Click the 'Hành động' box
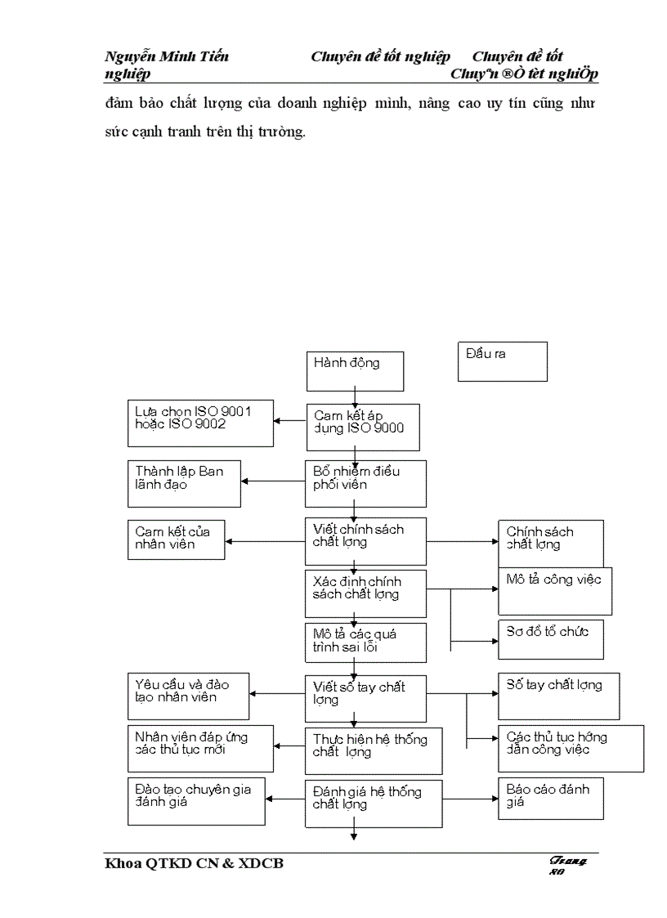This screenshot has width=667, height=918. [x=355, y=370]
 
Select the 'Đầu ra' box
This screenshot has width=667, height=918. [x=502, y=361]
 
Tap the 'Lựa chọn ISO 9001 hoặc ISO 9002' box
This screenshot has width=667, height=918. [x=200, y=423]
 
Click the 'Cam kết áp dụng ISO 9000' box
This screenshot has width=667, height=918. [x=363, y=427]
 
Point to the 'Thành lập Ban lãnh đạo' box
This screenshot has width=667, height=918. [x=184, y=484]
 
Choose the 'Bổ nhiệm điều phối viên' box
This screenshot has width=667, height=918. [x=365, y=484]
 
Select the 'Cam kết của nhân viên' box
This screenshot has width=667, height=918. [x=176, y=540]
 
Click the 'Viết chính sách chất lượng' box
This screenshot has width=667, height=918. [x=365, y=540]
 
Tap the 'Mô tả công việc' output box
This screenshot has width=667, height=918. [x=555, y=591]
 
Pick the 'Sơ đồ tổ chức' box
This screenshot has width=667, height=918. [x=551, y=638]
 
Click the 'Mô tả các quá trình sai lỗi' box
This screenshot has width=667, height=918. [x=365, y=643]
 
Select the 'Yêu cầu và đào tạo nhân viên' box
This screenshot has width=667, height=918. [x=188, y=696]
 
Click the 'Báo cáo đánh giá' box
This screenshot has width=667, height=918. [x=550, y=798]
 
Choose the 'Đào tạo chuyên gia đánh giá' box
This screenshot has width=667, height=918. [x=196, y=802]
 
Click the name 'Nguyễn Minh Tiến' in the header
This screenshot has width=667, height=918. [x=167, y=56]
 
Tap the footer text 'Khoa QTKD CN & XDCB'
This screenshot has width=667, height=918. [x=195, y=863]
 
